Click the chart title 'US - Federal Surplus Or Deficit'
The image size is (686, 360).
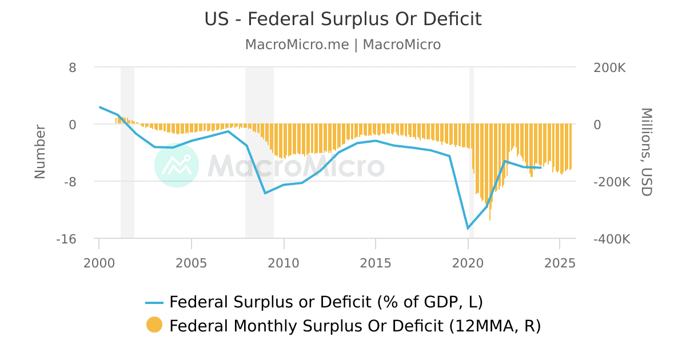point(343,19)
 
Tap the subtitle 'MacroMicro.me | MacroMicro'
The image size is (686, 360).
point(343,45)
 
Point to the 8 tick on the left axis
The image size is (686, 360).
point(73,67)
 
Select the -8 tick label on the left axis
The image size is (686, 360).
point(69,182)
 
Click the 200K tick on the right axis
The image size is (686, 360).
point(610,67)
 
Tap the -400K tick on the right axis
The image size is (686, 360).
point(612,239)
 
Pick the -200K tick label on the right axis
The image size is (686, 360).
point(612,182)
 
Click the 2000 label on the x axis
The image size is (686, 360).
point(99,263)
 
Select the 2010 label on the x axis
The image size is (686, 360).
point(284,263)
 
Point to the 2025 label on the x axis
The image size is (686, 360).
point(560,263)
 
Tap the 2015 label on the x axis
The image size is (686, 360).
point(376,263)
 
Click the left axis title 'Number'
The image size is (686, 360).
point(40,151)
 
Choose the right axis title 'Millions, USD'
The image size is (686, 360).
point(646,152)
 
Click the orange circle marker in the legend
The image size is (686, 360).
point(154,325)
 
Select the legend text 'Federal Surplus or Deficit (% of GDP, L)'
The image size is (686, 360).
point(330,301)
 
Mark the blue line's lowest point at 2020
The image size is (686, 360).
point(468,229)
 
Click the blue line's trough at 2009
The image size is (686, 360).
point(265,193)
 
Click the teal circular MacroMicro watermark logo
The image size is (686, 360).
point(177,165)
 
